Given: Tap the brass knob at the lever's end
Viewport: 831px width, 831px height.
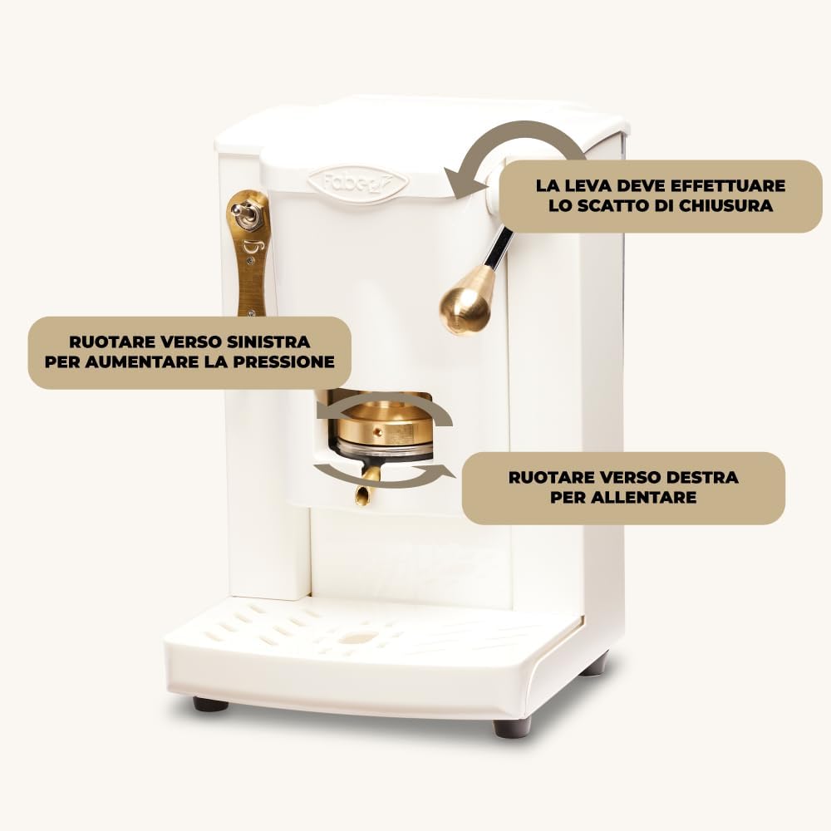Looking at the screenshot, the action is [466, 301].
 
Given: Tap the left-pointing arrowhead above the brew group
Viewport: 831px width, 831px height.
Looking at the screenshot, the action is [327, 411].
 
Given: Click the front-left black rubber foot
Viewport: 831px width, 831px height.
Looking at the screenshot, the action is [210, 704].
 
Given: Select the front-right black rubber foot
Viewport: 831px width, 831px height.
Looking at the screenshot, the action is [512, 727].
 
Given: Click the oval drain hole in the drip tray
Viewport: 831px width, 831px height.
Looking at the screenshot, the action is [356, 638].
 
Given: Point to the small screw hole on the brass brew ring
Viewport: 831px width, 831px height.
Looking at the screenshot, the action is [377, 432].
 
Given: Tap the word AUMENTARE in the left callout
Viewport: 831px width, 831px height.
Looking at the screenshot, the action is [143, 362].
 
